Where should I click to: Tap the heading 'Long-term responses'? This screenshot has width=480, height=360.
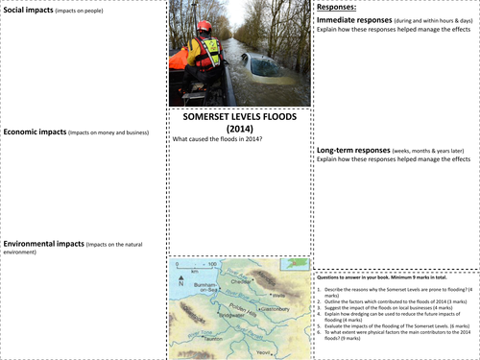coord(359,150)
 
